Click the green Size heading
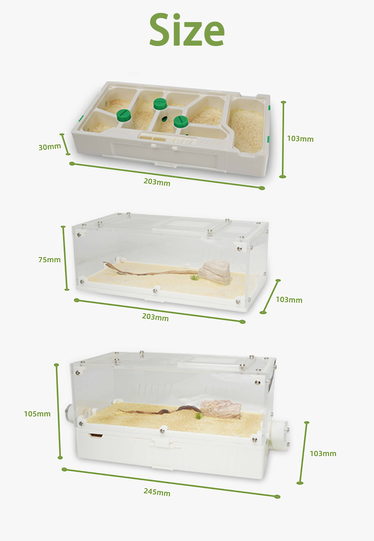pos(187,30)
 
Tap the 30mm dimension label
pos(50,147)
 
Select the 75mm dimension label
pos(49,260)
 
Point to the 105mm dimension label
pos(37,414)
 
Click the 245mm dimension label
pos(157,492)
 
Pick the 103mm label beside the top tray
pos(300,139)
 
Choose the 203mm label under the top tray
pos(157,182)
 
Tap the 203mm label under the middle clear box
pos(155,317)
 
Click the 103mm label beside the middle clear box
pos(289,300)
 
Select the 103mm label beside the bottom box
pos(323,453)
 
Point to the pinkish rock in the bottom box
pos(221,409)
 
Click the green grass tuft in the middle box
pos(194,278)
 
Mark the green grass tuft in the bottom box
pos(198,416)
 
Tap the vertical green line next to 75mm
pos(65,258)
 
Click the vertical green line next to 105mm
pos(58,410)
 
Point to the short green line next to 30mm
pos(65,144)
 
